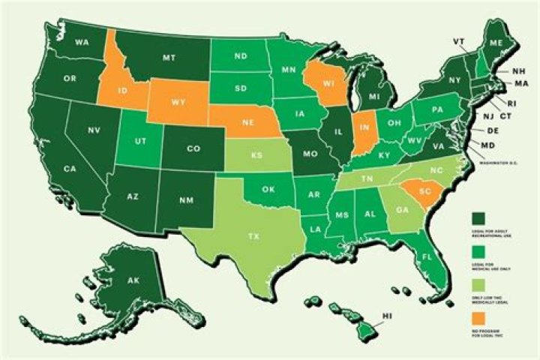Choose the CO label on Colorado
pos(193,148)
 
